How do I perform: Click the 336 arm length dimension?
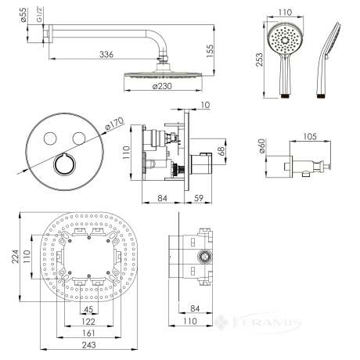106,55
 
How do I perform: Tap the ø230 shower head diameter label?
162,86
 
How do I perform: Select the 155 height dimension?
210,51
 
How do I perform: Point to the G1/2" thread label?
39,15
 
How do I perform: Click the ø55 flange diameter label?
23,15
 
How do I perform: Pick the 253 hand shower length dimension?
259,59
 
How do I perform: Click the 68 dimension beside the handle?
221,151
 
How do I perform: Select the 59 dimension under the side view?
199,198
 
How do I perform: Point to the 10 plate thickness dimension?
206,105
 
